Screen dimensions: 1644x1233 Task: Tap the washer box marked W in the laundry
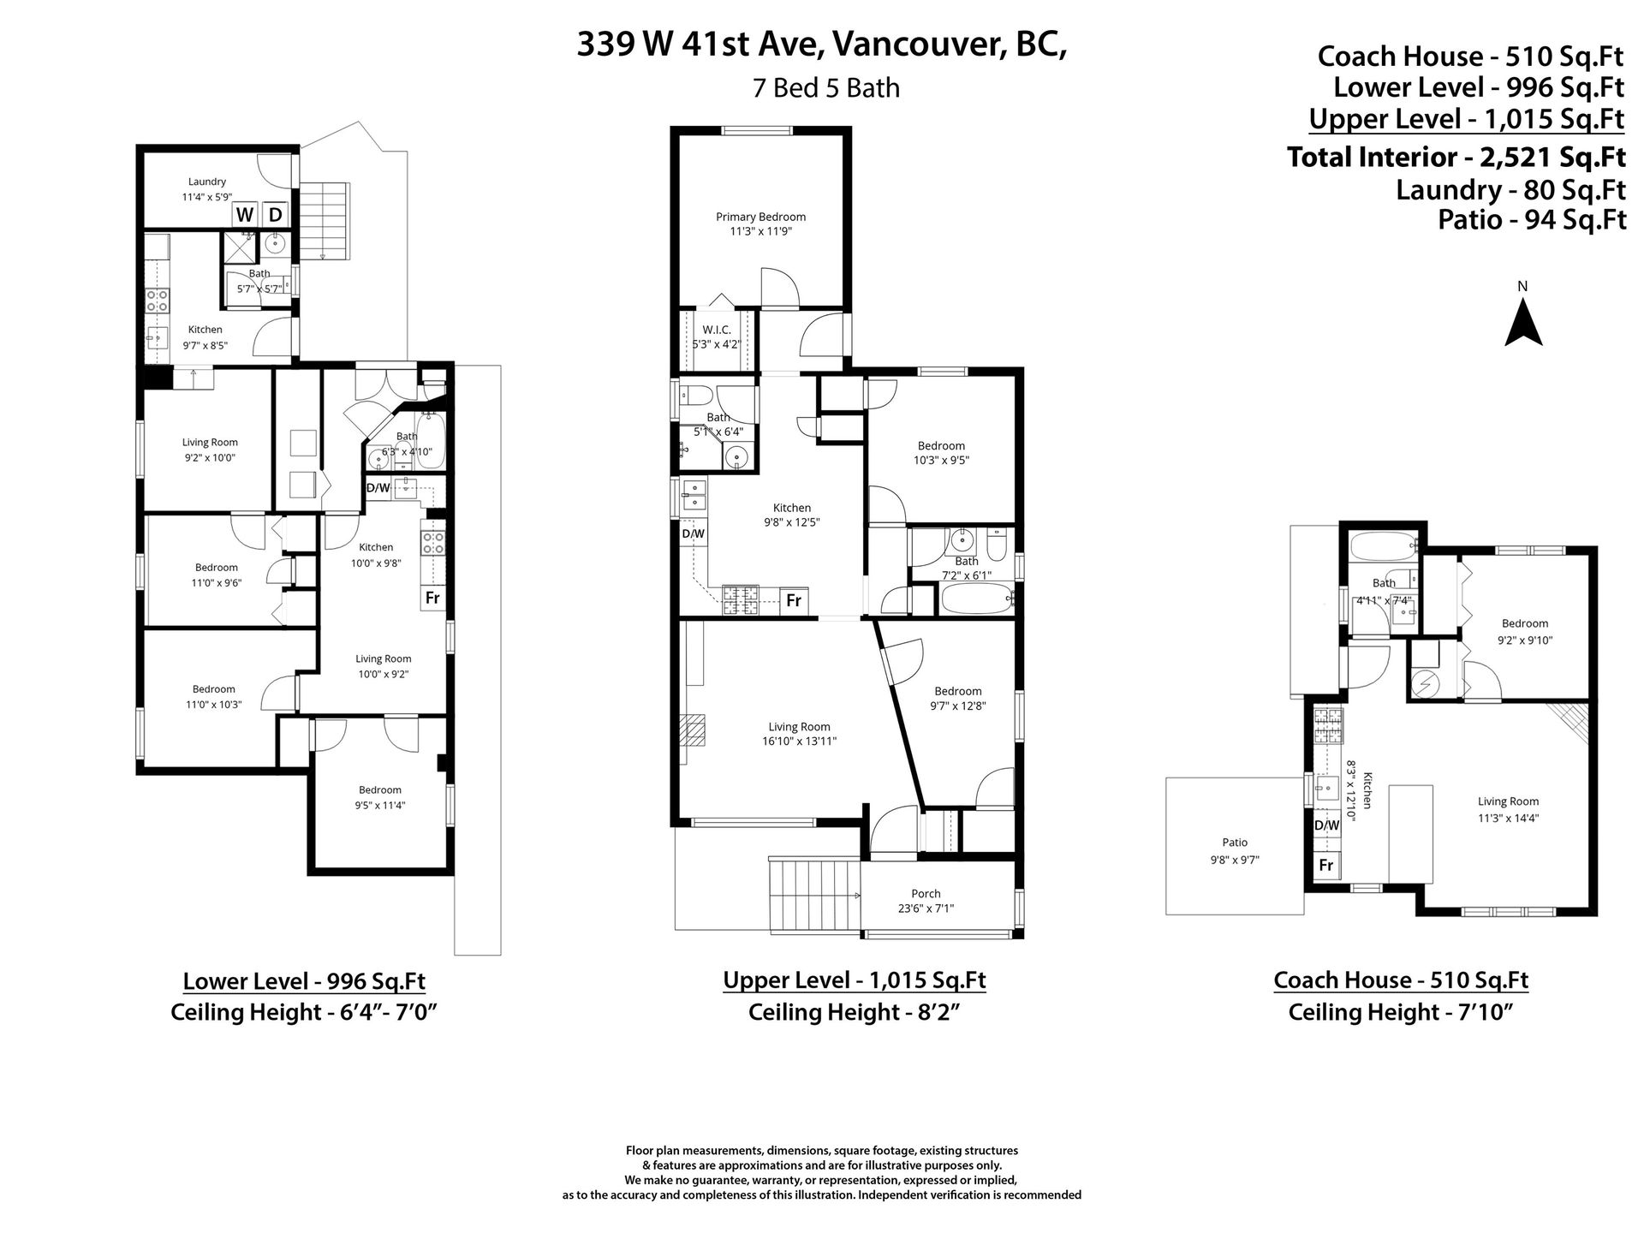coord(245,214)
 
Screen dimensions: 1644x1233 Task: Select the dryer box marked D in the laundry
coord(276,214)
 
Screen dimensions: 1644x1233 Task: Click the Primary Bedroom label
coord(760,217)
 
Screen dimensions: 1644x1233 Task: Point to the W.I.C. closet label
coord(716,330)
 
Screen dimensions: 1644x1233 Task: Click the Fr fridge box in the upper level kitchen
coord(794,600)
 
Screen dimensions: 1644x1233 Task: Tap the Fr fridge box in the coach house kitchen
coord(1326,866)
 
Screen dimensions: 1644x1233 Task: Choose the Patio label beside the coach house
coord(1235,843)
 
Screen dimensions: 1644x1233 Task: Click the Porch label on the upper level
coord(926,894)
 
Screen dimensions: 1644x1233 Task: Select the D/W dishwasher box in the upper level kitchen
coord(694,534)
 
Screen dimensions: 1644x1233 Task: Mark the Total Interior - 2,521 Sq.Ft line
coord(1456,158)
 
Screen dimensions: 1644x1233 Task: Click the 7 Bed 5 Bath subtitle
coord(826,88)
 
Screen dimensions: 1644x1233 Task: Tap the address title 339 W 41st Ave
coord(700,45)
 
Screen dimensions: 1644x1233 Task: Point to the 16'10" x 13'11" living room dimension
coord(801,742)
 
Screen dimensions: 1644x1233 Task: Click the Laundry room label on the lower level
coord(207,182)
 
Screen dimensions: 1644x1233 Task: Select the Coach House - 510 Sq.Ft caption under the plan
coord(1401,980)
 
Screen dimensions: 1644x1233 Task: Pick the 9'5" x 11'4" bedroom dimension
coord(380,805)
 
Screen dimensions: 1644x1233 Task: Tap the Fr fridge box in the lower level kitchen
coord(432,598)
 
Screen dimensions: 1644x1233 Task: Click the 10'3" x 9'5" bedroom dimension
coord(942,460)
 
